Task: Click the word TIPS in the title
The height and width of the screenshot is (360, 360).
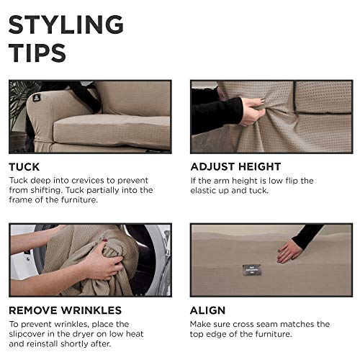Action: [x=37, y=53]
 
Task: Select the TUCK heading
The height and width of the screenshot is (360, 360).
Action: [x=24, y=166]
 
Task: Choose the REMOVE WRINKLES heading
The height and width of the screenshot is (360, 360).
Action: [x=66, y=310]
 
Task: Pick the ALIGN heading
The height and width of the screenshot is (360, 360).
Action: [x=208, y=310]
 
